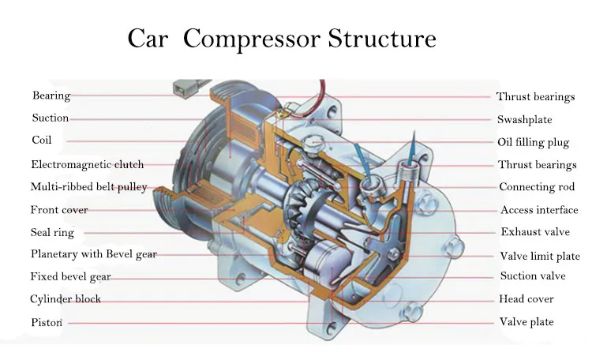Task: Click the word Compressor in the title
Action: pos(252,39)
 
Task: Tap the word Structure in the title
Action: pos(382,38)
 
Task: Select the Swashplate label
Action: pos(524,120)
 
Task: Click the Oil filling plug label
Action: pos(533,142)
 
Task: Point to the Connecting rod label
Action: pos(537,187)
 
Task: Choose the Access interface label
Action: pos(539,210)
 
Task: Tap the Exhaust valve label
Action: pos(535,231)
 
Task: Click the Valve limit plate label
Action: pos(540,256)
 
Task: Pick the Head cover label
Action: pos(526,298)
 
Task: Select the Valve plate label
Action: pos(526,322)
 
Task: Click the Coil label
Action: pos(42,140)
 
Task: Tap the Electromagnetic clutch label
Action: pos(87,164)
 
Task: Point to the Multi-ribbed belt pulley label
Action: pos(88,187)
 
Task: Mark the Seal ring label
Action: pos(52,232)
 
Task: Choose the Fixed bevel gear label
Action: pos(70,277)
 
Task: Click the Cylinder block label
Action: pos(66,299)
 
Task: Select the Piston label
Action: pos(47,323)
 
